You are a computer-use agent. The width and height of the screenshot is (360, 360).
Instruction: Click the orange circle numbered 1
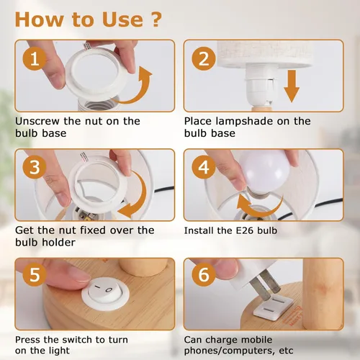click(x=35, y=58)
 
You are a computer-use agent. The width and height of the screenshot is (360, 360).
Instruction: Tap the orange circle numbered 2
click(x=204, y=58)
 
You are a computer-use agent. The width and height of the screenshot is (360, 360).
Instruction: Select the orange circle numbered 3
click(x=35, y=167)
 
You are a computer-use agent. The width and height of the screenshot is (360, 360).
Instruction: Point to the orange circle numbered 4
click(x=204, y=167)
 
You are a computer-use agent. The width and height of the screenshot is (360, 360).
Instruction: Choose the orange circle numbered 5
click(x=35, y=274)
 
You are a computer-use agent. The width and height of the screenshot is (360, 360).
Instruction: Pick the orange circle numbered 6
click(x=204, y=274)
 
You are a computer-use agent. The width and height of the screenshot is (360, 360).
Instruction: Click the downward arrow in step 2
click(x=292, y=86)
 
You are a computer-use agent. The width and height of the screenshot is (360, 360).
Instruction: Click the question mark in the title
click(x=156, y=19)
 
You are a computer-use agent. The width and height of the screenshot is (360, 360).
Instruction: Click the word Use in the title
click(x=122, y=19)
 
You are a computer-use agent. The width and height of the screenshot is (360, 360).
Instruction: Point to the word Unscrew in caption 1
click(x=37, y=121)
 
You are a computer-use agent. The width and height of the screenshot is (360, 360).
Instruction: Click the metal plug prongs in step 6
click(x=265, y=284)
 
